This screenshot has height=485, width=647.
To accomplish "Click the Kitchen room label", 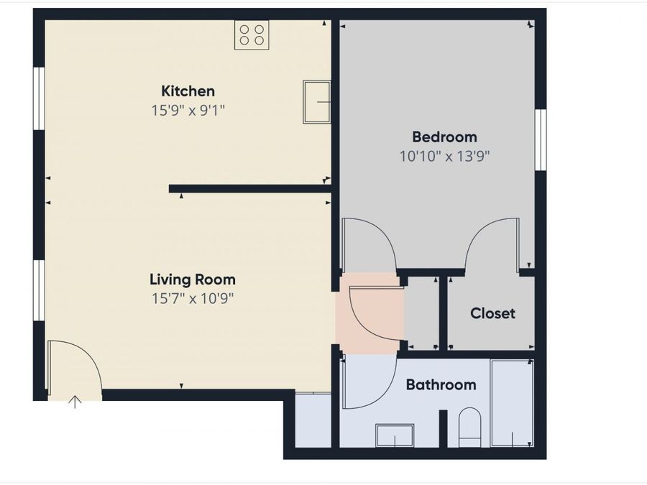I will click(x=188, y=91).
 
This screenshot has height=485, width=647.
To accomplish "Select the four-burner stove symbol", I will click(x=252, y=34).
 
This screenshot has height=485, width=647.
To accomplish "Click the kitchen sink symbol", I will click(x=316, y=102).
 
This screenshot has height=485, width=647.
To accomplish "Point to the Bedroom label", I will click(x=444, y=137).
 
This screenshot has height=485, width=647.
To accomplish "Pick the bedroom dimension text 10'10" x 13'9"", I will click(x=444, y=155).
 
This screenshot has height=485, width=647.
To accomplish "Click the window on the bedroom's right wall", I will click(x=541, y=140).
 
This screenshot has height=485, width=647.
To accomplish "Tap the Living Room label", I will click(x=192, y=280).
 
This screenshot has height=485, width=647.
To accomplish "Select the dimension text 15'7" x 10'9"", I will click(x=192, y=298).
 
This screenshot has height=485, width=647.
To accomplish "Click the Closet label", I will click(x=492, y=313).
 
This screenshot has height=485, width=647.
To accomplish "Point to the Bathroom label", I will click(x=441, y=384).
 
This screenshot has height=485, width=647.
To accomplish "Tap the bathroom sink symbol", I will click(x=395, y=435).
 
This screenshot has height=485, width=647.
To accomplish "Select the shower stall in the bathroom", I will click(x=512, y=402).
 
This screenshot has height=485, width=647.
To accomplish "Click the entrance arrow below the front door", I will click(x=75, y=402).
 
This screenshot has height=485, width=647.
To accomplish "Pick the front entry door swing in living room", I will click(x=72, y=366).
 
